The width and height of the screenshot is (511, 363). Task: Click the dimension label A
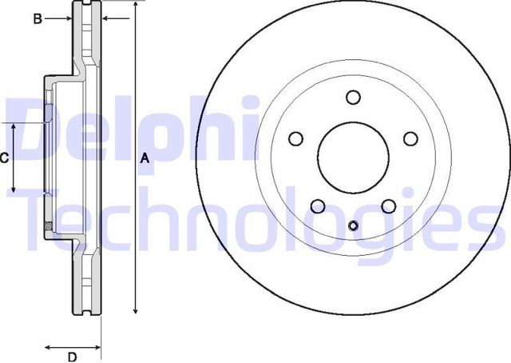pyautogui.click(x=145, y=158)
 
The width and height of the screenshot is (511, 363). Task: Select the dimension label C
pyautogui.click(x=4, y=158)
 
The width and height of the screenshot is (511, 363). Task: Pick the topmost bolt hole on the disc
pyautogui.click(x=353, y=98)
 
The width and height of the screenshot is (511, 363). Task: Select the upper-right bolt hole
pyautogui.click(x=410, y=139)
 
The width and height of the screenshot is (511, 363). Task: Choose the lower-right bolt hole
pyautogui.click(x=389, y=206)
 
